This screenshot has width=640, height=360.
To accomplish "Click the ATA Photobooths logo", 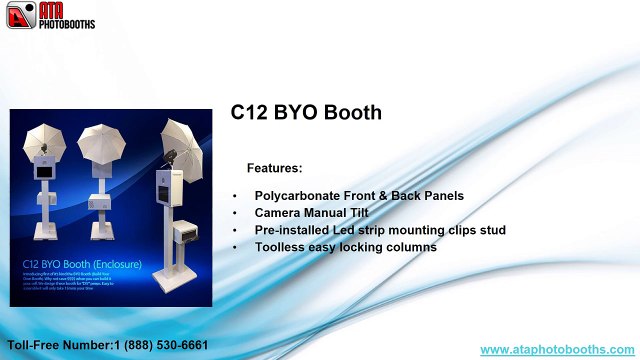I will [49, 15].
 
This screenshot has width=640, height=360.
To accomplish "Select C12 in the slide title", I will [250, 112].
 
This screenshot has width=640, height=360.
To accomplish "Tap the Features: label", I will [274, 168].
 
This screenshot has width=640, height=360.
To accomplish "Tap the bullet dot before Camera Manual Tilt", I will [235, 213].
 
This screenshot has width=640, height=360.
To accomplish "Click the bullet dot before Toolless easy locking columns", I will [235, 247].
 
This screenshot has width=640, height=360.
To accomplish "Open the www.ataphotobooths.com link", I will [557, 349].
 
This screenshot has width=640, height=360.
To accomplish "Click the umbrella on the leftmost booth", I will [45, 139].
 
